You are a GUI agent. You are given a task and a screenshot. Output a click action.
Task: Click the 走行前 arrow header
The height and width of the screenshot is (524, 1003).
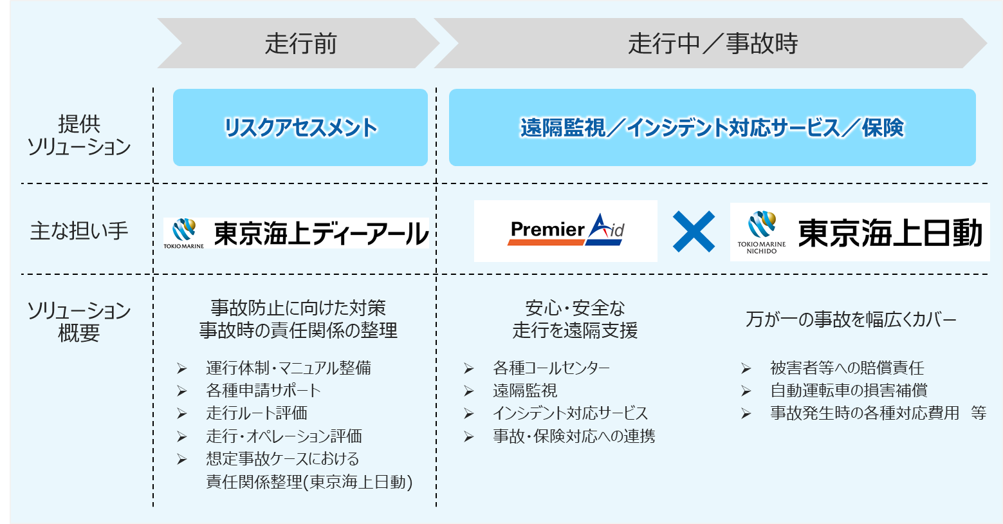pyautogui.click(x=300, y=44)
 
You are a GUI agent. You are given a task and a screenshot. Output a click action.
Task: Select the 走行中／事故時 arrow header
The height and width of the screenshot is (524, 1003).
pyautogui.click(x=712, y=44)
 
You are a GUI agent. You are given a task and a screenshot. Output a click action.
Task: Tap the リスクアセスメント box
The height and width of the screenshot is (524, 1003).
pyautogui.click(x=300, y=127)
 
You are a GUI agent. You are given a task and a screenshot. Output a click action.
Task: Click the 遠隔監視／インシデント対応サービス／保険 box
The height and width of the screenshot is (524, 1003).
pyautogui.click(x=712, y=127)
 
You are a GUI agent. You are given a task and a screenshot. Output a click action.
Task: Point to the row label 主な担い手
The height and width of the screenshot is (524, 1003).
pyautogui.click(x=79, y=230)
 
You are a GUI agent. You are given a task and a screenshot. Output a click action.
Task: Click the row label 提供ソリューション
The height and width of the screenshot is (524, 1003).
pyautogui.click(x=79, y=135)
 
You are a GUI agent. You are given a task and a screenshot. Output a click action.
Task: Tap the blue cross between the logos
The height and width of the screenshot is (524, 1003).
pyautogui.click(x=694, y=231)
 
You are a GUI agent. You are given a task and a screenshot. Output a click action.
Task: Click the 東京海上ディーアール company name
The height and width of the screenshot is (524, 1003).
pyautogui.click(x=320, y=233)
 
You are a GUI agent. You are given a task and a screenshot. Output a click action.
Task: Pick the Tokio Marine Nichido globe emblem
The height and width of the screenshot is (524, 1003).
pyautogui.click(x=762, y=226)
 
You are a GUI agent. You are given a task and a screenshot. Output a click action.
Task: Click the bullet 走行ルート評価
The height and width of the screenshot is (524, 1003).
pyautogui.click(x=256, y=413)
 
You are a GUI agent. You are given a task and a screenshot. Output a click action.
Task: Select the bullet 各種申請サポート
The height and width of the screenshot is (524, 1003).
pyautogui.click(x=262, y=391)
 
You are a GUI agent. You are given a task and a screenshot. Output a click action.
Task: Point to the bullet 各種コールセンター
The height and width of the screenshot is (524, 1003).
pyautogui.click(x=551, y=368)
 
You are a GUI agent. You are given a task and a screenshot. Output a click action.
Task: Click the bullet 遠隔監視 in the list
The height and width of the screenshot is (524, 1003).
pyautogui.click(x=525, y=391)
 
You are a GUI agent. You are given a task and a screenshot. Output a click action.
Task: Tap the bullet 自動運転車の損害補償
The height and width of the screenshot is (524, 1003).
pyautogui.click(x=849, y=391)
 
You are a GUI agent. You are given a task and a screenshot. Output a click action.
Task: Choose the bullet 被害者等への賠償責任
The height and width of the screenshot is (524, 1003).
pyautogui.click(x=847, y=368)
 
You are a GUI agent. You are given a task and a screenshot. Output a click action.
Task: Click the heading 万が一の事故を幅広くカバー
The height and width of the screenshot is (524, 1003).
pyautogui.click(x=851, y=319)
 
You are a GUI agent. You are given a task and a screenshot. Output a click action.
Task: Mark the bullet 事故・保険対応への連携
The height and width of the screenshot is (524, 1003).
pyautogui.click(x=574, y=436)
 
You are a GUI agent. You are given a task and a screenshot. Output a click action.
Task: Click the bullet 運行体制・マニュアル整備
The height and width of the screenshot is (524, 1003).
pyautogui.click(x=288, y=368)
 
